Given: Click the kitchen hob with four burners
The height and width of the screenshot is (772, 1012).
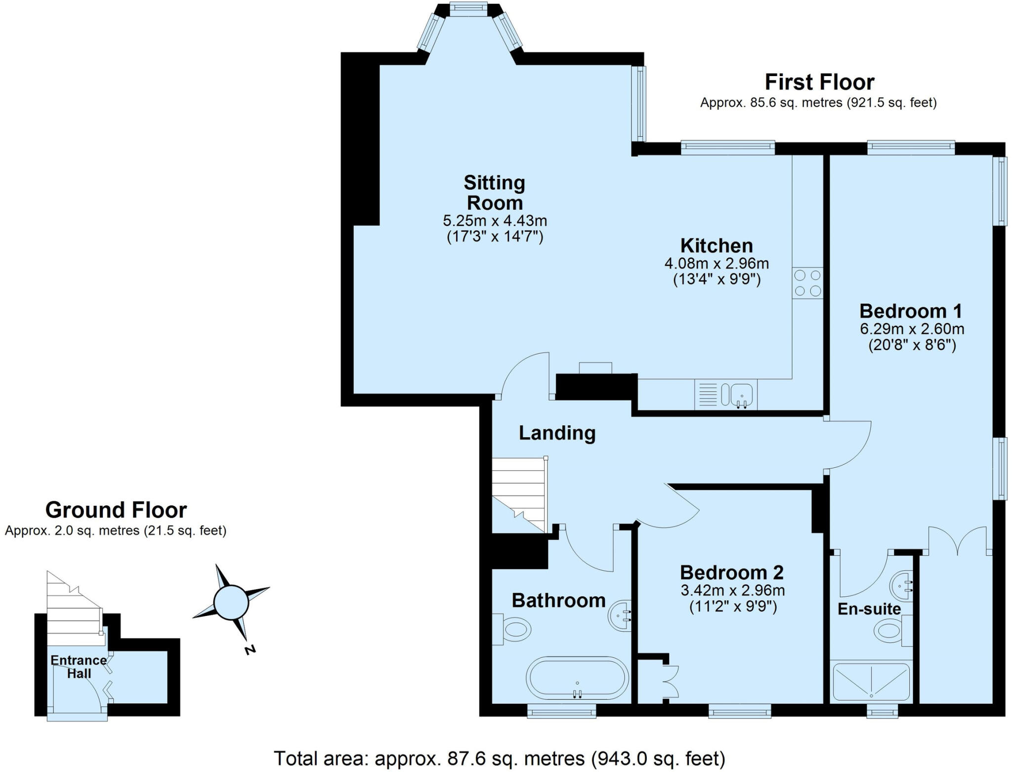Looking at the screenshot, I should [x=807, y=283].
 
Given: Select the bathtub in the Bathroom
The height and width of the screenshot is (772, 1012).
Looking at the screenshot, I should [x=577, y=679].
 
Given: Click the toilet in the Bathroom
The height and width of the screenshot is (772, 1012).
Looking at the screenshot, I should [x=514, y=630].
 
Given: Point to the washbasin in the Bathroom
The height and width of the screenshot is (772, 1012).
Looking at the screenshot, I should [x=620, y=615].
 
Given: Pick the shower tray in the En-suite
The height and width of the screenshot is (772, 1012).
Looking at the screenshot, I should [x=871, y=681].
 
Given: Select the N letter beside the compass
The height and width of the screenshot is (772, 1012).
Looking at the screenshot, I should [x=251, y=650].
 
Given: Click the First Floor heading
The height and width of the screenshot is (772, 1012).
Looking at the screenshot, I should [x=819, y=82].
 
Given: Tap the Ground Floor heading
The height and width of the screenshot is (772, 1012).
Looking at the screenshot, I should [x=116, y=510].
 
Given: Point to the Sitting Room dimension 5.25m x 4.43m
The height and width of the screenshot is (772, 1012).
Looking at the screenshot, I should [x=495, y=220].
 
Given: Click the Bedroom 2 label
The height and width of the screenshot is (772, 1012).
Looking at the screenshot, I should [x=732, y=572].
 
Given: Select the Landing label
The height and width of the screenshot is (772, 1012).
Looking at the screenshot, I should [x=557, y=433].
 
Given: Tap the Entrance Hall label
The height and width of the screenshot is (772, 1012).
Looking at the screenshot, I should [x=78, y=667].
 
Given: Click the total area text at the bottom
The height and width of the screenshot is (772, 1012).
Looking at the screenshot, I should [x=499, y=758].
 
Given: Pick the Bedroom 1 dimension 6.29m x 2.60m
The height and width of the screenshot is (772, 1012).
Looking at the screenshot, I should [x=912, y=328].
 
